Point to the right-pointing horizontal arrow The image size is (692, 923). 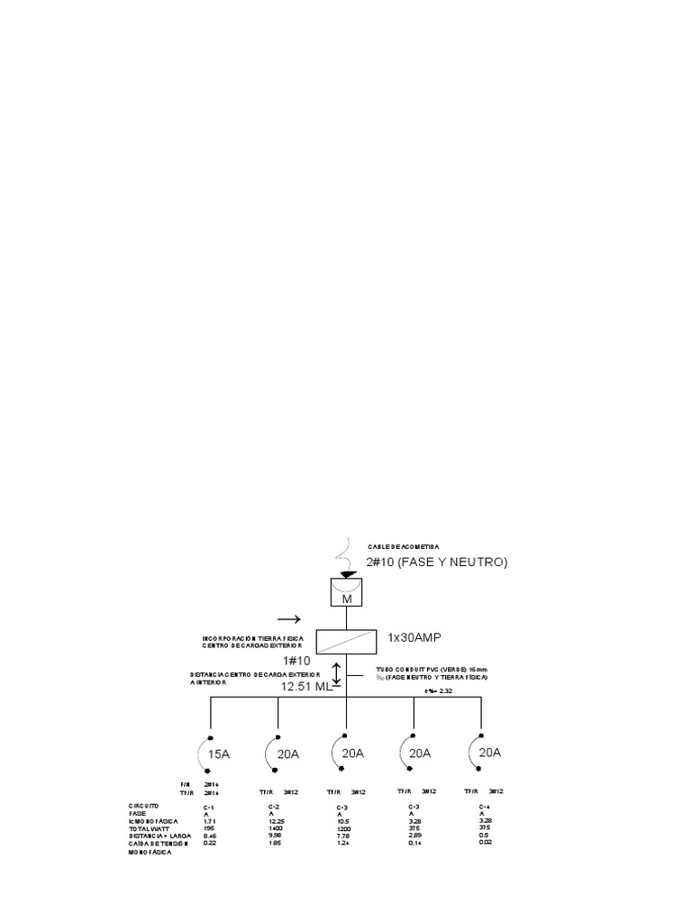click(x=290, y=619)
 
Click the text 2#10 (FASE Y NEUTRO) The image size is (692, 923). click(x=437, y=562)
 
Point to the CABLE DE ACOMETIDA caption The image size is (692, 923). click(x=404, y=547)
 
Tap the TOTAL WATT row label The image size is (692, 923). click(x=149, y=828)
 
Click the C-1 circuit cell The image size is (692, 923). click(x=209, y=806)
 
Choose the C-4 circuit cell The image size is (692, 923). click(x=485, y=806)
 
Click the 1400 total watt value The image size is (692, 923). click(x=276, y=828)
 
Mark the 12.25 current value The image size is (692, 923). click(x=277, y=821)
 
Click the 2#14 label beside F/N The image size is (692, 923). click(x=212, y=785)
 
